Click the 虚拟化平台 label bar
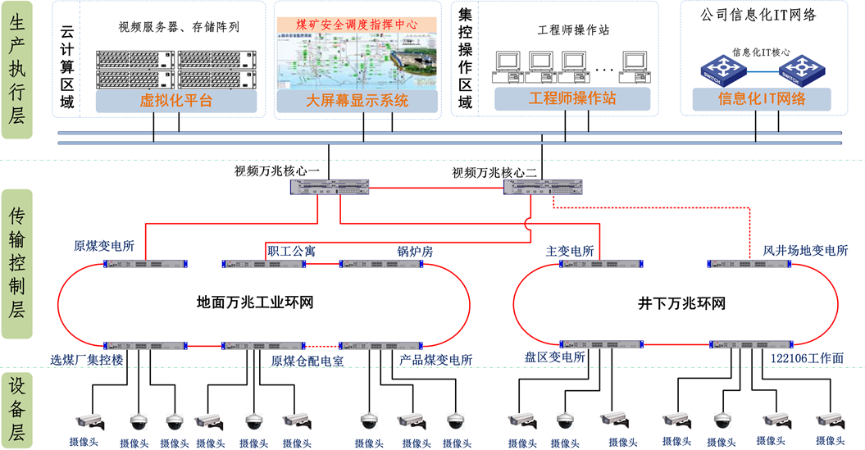175,101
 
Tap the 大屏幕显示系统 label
357,101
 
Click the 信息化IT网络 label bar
761,99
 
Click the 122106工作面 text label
807,359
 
